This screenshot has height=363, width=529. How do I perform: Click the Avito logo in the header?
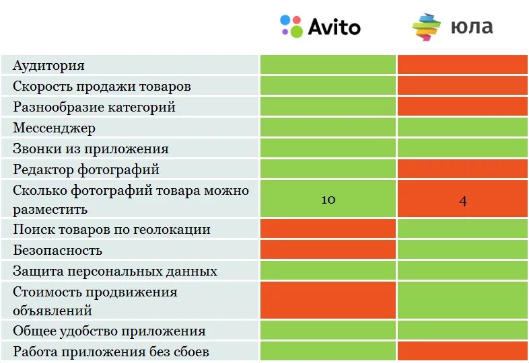320,26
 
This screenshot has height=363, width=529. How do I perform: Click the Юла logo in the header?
452,27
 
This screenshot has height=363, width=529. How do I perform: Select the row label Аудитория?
48,65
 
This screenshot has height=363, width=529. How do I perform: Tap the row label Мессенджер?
55,128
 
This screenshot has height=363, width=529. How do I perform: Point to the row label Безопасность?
58,250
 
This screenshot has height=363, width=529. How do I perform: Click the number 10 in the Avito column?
328,200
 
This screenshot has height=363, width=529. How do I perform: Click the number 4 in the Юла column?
462,200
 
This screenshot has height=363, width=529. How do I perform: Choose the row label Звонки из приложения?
91,149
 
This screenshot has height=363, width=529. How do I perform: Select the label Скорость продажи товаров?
102,86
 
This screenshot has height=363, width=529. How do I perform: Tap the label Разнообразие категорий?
94,107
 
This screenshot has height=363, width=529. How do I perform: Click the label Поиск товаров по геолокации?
112,229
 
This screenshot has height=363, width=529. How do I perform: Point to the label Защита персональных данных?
115,271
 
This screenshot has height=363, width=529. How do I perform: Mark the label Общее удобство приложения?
109,331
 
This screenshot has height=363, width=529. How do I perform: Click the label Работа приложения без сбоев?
111,352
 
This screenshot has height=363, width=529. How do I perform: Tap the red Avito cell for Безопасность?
328,250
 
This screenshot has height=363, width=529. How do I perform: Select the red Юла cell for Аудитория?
462,65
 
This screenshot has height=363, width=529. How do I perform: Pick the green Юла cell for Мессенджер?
462,128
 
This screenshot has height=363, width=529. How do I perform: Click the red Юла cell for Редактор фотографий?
462,169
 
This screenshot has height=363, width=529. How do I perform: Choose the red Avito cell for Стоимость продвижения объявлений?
328,300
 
